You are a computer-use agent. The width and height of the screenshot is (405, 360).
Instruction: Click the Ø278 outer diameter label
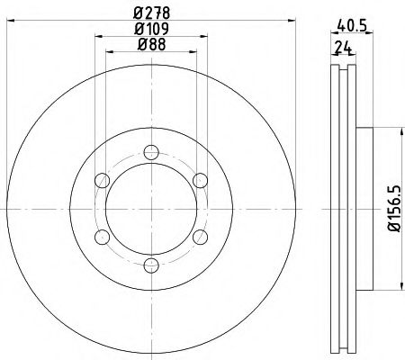point(150,12)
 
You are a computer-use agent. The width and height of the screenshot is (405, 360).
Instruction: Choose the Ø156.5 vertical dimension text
point(393,210)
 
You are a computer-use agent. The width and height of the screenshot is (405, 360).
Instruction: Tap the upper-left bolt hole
point(103,183)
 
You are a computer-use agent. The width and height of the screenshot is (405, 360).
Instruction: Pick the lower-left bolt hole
point(103,237)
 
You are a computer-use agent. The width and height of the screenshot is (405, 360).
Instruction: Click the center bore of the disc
point(150,210)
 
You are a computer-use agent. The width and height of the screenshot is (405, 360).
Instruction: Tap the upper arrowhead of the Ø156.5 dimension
point(392,132)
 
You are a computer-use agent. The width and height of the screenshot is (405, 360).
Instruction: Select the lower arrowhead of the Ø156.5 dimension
point(392,287)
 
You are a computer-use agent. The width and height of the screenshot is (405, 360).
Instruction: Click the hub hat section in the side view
point(364,210)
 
